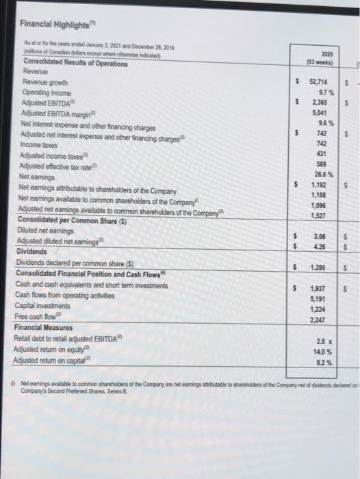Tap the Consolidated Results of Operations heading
click(75, 64)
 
